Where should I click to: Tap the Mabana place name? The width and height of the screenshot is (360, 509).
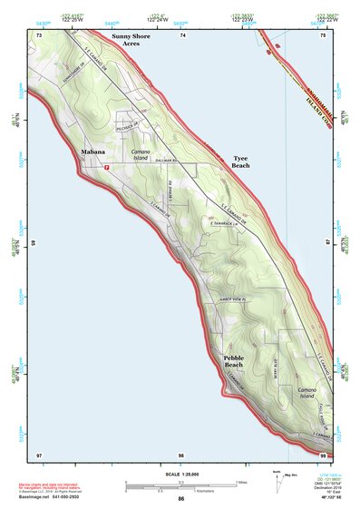(93, 152)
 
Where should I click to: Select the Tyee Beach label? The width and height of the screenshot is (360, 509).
(240, 162)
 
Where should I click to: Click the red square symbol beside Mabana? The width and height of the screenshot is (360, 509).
(107, 168)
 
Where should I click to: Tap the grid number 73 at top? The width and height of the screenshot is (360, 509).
(40, 34)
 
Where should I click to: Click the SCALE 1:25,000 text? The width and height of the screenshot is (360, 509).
(180, 474)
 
